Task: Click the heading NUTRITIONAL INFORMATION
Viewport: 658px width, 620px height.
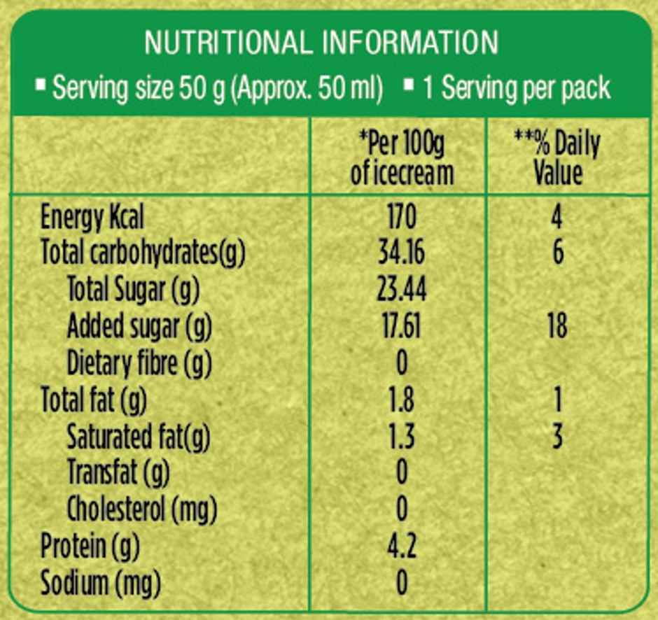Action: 321,43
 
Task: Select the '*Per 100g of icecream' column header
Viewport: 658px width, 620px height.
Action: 401,159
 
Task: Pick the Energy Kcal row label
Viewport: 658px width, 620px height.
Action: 92,218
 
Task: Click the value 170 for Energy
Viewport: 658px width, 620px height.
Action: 401,218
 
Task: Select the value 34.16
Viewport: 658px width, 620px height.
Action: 401,253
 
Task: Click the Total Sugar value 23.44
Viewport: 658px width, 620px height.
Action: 401,290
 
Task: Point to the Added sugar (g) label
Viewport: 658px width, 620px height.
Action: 139,326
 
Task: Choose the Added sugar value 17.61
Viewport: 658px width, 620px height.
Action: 401,327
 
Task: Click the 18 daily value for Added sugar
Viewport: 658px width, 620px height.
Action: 557,327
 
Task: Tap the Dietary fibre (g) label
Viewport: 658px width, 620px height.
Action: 139,363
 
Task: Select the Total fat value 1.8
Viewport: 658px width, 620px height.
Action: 401,400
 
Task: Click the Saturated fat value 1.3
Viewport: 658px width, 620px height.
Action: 401,437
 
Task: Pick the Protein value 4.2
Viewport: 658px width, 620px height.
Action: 401,546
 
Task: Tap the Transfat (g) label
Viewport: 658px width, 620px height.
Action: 118,473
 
